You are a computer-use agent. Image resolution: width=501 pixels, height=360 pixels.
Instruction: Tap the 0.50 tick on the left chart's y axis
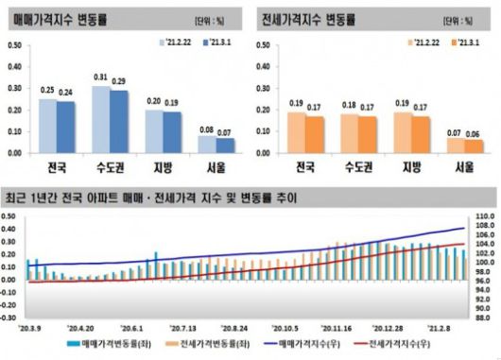click(14, 44)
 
